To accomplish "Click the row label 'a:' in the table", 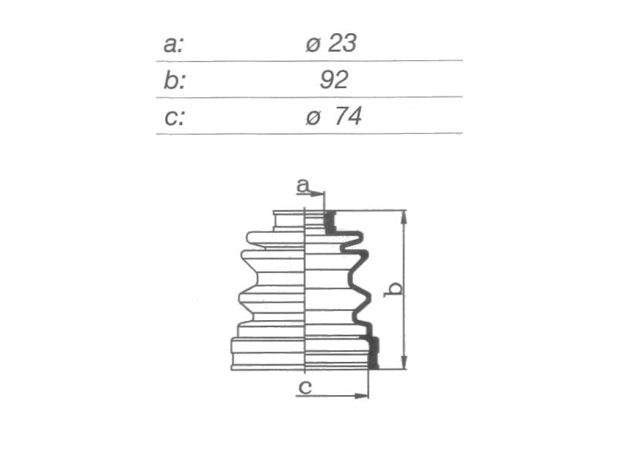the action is pos(173,44).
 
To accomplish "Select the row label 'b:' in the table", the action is pos(174,81).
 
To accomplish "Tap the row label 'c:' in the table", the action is pos(174,118).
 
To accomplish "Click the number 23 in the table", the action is pos(342,43).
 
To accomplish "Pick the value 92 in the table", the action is pos(334,80).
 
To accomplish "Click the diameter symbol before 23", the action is pos(313,45).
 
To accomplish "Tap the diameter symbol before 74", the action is pos(313,118).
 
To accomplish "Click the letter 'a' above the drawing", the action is pos(302,185).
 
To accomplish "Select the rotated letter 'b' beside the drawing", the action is pos(393,289).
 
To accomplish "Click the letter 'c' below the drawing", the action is pos(305,387).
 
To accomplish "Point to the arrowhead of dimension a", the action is pos(317,194).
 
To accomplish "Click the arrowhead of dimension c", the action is pos(361,395).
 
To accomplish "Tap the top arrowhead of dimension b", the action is pos(404,217).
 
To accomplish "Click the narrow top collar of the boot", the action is pos(290,220).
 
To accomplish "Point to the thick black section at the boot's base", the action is pos(373,352).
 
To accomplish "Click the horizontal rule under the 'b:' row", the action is pos(309,97).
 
